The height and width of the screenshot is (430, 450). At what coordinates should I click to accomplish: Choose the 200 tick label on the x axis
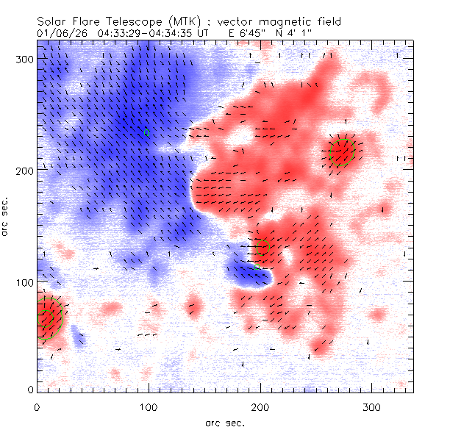260,406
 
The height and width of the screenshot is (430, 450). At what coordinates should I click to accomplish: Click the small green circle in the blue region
147,133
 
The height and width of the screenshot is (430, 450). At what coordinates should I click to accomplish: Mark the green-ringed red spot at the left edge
49,317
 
